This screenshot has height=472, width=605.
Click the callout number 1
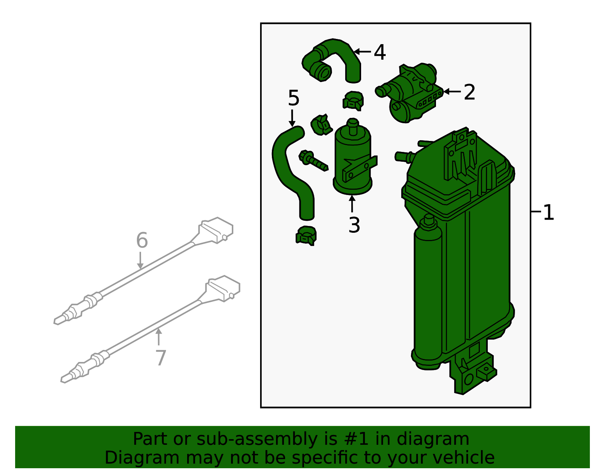548,212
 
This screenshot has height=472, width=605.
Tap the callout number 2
469,92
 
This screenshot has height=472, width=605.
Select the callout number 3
354,225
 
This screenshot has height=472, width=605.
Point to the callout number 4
380,52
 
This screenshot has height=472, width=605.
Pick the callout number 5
293,98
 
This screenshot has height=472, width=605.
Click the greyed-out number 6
142,240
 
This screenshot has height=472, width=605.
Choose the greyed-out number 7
161,358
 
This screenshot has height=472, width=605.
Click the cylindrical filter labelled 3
352,159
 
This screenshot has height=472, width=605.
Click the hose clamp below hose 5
306,235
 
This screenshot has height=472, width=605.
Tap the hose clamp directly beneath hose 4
353,101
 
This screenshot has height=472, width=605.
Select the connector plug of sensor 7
223,288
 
